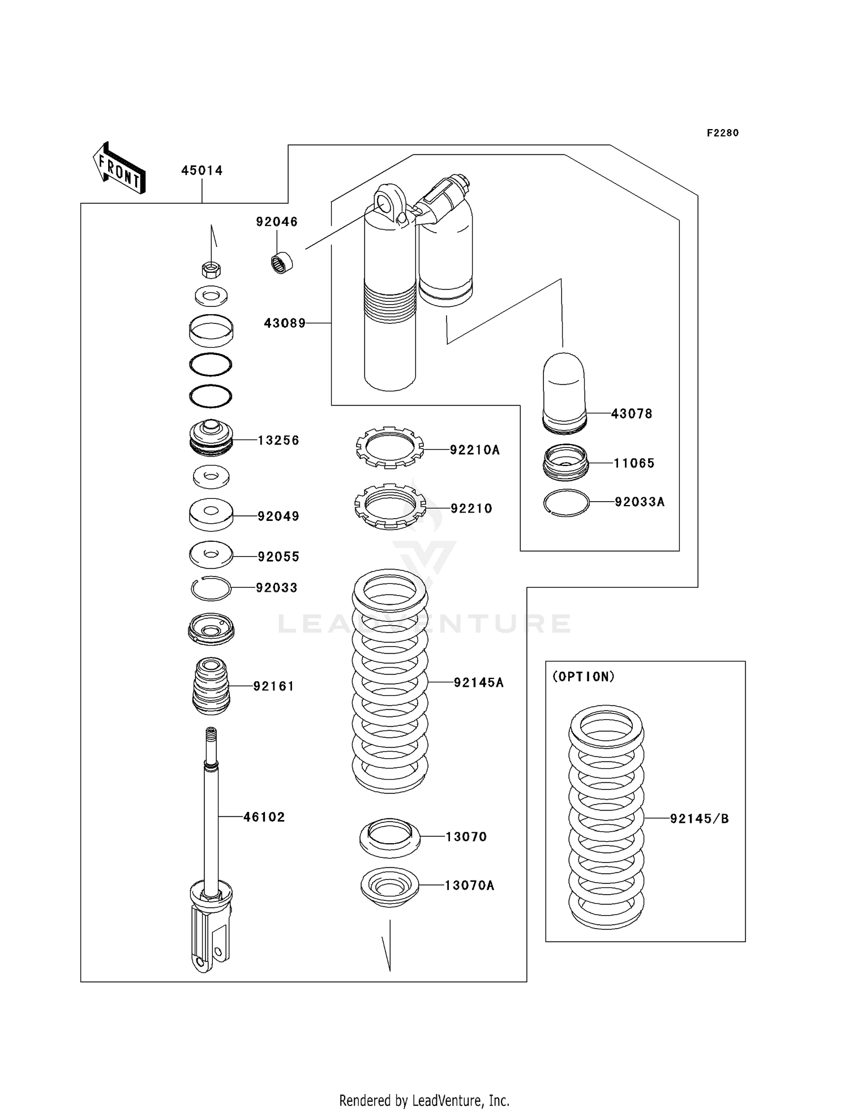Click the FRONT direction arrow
click(x=119, y=168)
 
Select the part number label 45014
click(x=201, y=170)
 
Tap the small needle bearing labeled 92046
click(x=281, y=263)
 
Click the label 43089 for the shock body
click(x=285, y=323)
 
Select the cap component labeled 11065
click(x=565, y=462)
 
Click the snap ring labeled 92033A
click(x=566, y=502)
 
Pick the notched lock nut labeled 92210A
click(x=389, y=447)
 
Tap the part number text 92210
click(x=471, y=509)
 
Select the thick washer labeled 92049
click(x=211, y=514)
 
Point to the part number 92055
click(x=278, y=557)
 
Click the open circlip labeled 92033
click(x=211, y=589)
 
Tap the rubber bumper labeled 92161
click(x=211, y=686)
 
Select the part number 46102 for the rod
click(x=264, y=817)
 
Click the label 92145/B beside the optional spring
click(x=699, y=819)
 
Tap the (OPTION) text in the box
click(x=583, y=677)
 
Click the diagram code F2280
click(x=722, y=133)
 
